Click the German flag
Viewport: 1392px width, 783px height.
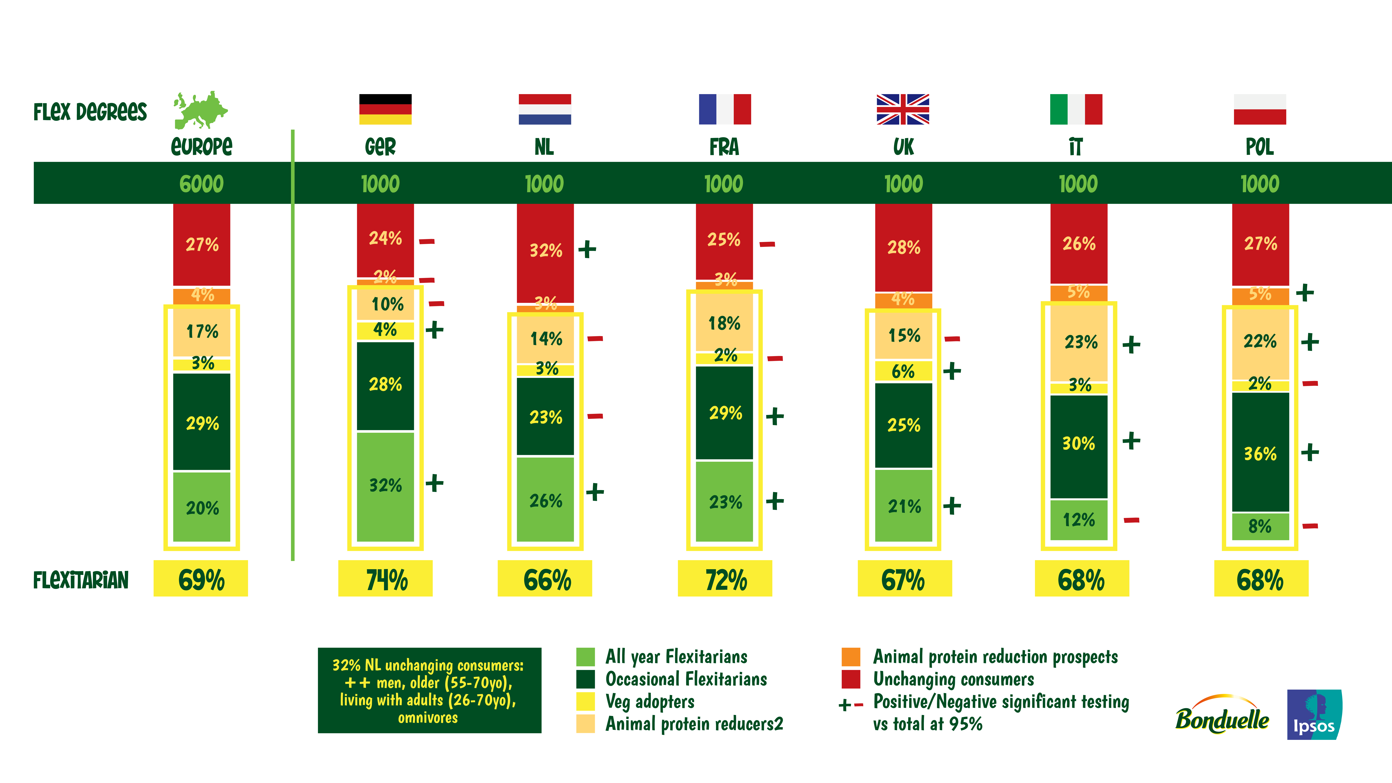[385, 109]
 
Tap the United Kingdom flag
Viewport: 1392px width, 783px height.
[902, 109]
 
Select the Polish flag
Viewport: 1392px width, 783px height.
[1260, 109]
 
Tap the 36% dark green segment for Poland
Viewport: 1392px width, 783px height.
[1260, 453]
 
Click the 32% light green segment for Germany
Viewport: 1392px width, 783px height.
[385, 485]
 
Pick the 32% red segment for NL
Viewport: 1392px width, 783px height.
[545, 250]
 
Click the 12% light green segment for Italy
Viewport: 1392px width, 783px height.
[1079, 520]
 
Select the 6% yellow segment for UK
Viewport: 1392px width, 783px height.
[903, 371]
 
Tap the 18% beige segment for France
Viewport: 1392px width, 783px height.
[724, 323]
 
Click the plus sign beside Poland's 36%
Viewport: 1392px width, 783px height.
[1310, 452]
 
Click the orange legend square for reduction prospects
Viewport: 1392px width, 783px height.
[851, 657]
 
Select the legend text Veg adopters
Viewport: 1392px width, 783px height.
[650, 701]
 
